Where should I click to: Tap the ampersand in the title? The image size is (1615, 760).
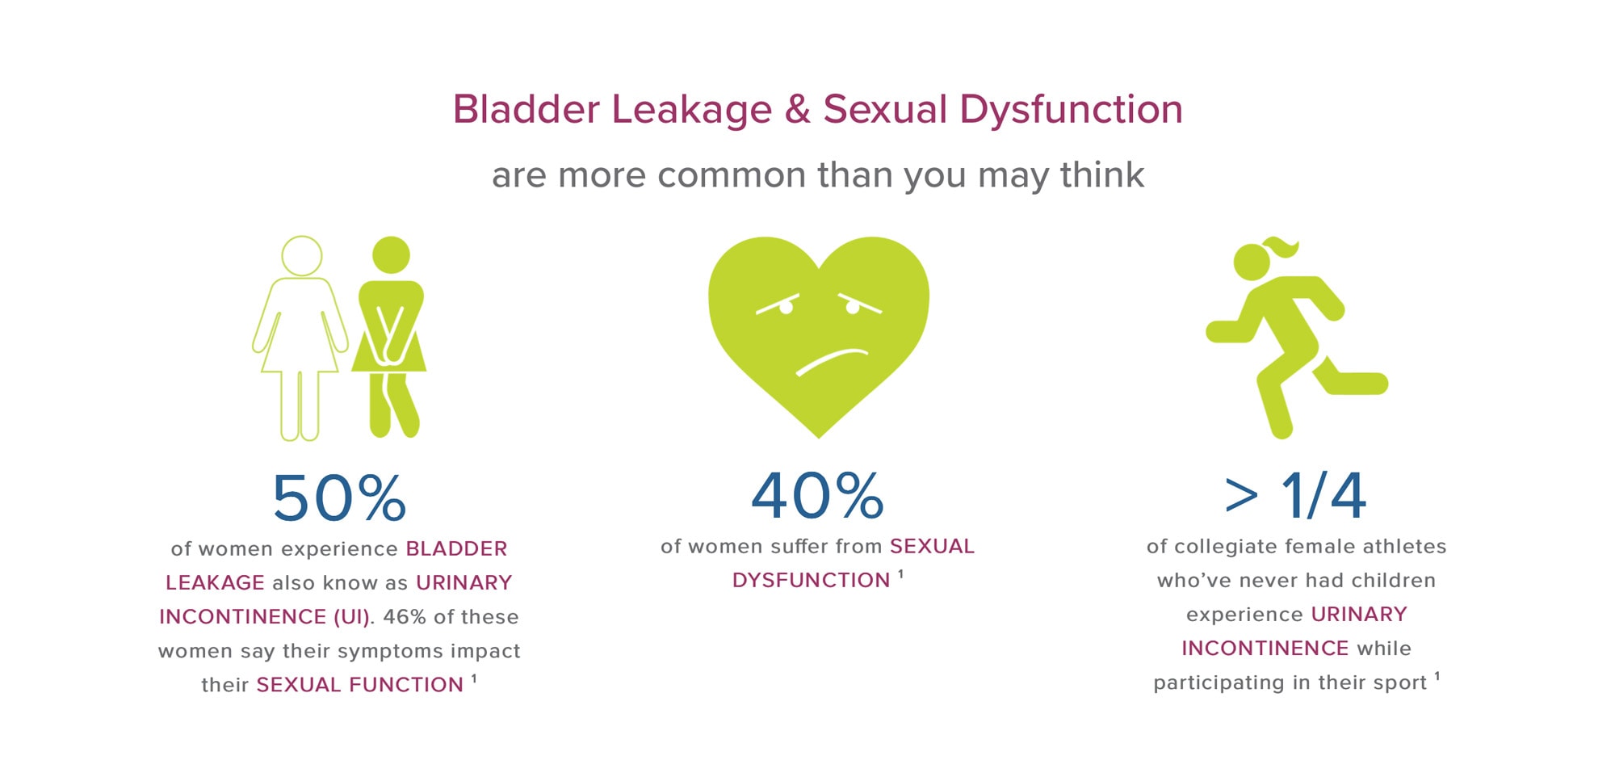(x=797, y=109)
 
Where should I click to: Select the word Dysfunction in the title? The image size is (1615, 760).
(x=1071, y=109)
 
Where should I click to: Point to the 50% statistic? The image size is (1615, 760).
(x=339, y=498)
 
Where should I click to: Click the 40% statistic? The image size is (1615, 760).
(x=818, y=495)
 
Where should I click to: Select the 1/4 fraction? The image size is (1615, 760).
(x=1323, y=495)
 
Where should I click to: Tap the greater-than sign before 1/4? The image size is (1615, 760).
(x=1242, y=496)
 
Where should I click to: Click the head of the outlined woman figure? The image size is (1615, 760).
(x=302, y=256)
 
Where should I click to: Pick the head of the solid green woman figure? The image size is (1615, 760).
(x=391, y=255)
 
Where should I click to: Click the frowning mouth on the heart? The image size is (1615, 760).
(x=832, y=361)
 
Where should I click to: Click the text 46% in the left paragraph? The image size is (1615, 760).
(x=405, y=617)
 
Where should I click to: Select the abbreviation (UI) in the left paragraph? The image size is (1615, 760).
(x=352, y=617)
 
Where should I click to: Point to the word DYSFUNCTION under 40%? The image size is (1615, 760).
(x=811, y=581)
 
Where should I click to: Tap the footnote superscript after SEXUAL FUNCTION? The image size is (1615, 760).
(x=474, y=678)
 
